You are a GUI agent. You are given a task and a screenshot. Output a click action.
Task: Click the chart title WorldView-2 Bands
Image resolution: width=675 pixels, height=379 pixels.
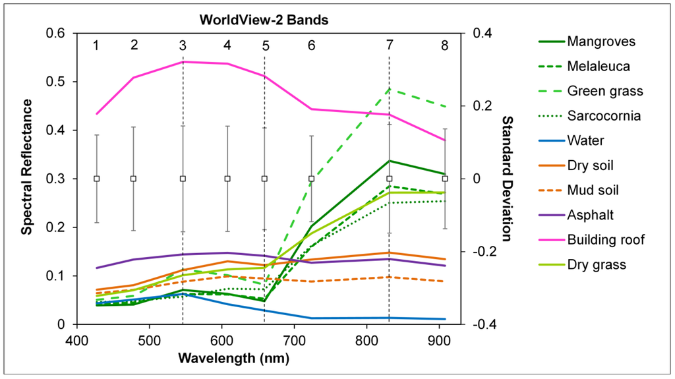tap(264, 20)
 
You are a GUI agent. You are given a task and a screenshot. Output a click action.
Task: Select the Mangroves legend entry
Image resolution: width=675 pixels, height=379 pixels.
tap(601, 42)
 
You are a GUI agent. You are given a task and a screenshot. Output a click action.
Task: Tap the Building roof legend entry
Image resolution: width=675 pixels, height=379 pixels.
tap(606, 239)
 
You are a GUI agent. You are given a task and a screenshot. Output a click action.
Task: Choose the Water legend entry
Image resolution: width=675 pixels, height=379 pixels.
tap(585, 140)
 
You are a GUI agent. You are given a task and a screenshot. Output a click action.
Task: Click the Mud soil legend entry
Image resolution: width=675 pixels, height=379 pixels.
tap(593, 190)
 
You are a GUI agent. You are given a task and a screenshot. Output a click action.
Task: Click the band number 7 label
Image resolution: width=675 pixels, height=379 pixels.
tap(390, 45)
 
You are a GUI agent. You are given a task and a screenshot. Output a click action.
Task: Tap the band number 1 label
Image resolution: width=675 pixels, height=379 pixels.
tap(96, 45)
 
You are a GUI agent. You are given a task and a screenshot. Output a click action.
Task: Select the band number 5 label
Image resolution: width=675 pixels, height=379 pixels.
tap(265, 45)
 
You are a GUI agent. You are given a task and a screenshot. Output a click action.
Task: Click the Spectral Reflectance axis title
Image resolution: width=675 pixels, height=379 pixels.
tap(27, 166)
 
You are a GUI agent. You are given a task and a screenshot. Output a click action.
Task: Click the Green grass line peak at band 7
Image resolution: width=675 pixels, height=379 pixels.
tap(390, 89)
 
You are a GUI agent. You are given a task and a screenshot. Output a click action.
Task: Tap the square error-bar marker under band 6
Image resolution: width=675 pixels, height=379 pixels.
tap(312, 179)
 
